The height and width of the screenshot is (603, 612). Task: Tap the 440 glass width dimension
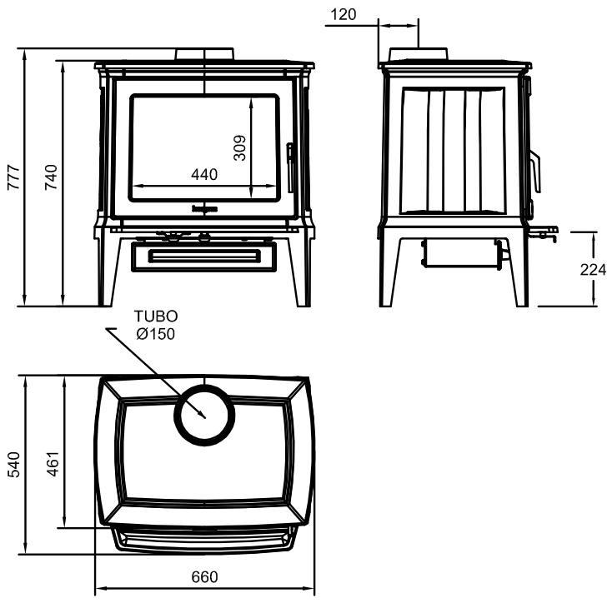203,175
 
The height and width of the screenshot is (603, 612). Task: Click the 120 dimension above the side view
343,14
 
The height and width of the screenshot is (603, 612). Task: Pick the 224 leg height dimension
599,269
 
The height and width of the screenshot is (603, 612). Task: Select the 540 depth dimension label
13,465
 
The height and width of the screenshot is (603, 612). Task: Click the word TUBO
157,317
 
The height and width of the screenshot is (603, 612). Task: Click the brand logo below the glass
204,209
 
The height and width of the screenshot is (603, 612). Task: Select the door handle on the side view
535,171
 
